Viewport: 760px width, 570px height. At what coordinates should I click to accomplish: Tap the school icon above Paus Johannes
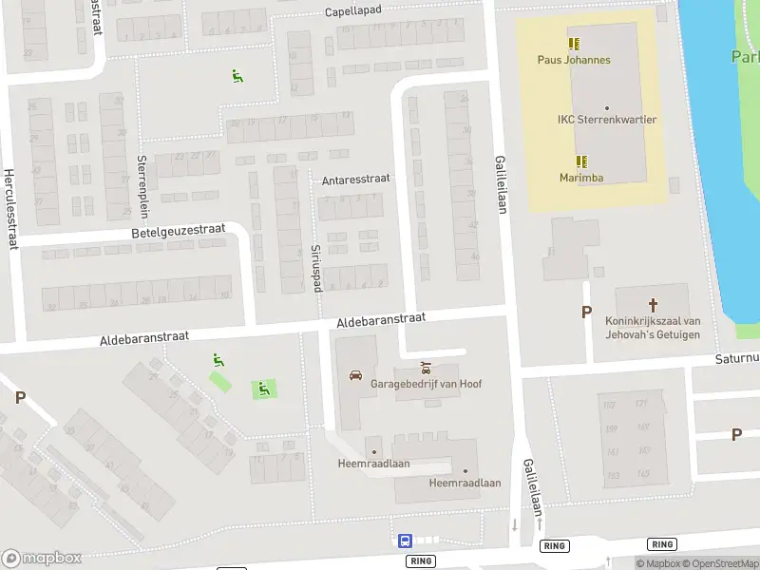point(574,44)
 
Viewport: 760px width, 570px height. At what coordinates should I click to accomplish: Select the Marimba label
point(581,178)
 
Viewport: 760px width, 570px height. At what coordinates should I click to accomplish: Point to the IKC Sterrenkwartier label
point(607,120)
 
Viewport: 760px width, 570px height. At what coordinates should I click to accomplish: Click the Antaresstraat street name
point(356,179)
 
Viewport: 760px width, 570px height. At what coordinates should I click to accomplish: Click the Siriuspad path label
point(317,267)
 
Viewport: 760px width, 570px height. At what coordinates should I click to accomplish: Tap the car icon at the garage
point(355,374)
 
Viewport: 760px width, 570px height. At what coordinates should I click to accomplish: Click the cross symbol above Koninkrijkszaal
point(653,305)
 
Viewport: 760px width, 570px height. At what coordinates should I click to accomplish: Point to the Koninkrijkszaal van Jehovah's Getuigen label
point(653,328)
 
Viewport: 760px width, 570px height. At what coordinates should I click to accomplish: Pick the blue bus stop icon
point(405,541)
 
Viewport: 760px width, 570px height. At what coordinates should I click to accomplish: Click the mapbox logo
point(42,559)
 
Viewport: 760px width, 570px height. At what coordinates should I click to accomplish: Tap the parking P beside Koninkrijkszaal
point(586,313)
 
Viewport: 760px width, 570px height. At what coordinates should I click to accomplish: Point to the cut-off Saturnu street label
point(737,359)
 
